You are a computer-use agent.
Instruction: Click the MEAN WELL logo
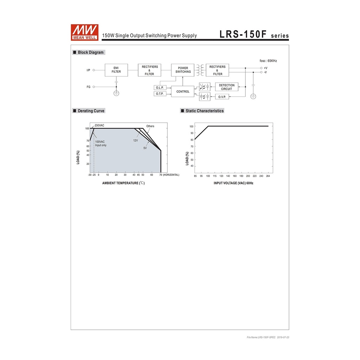pyautogui.click(x=84, y=32)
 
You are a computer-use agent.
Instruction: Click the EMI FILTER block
pyautogui.click(x=116, y=70)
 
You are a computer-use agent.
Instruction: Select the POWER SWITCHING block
pyautogui.click(x=183, y=70)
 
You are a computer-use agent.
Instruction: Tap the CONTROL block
pyautogui.click(x=183, y=91)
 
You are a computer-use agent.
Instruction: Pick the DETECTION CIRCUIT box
pyautogui.click(x=227, y=87)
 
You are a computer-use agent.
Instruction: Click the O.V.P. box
pyautogui.click(x=222, y=97)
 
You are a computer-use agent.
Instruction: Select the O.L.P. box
pyautogui.click(x=160, y=88)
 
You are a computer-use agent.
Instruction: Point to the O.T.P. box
pyautogui.click(x=160, y=94)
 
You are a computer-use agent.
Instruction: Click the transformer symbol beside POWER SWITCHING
pyautogui.click(x=200, y=70)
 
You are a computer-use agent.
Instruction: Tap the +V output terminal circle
pyautogui.click(x=261, y=68)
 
